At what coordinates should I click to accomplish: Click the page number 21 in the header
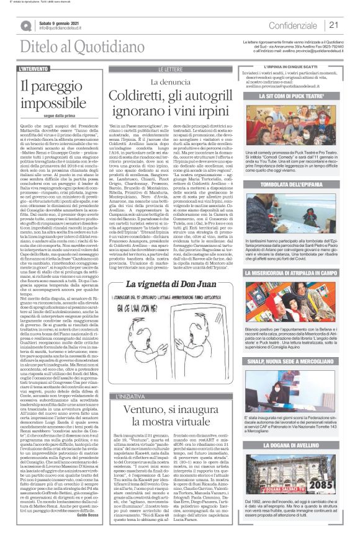(x=334, y=24)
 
